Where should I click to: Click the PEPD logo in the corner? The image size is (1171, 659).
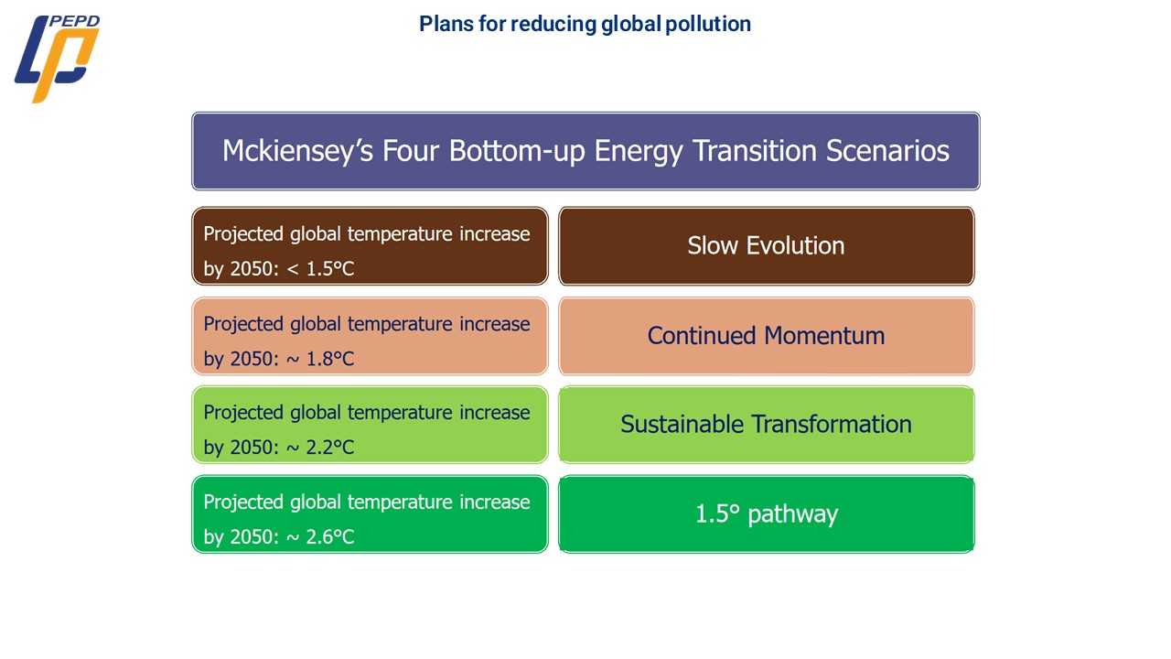click(x=57, y=59)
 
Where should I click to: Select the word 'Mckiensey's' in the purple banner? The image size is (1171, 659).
click(x=298, y=151)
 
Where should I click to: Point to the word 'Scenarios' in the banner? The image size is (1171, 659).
click(x=887, y=151)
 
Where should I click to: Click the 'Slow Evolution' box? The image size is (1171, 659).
click(x=767, y=246)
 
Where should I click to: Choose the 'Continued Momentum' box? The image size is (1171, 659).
click(x=767, y=336)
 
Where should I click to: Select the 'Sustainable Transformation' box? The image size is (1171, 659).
click(x=767, y=424)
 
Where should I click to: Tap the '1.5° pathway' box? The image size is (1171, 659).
click(x=767, y=513)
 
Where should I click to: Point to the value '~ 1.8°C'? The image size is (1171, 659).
click(x=320, y=359)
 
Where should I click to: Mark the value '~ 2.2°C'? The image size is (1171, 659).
click(x=320, y=448)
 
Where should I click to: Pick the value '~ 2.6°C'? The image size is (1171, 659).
click(x=320, y=537)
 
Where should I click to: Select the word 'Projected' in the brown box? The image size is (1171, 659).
click(x=243, y=234)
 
